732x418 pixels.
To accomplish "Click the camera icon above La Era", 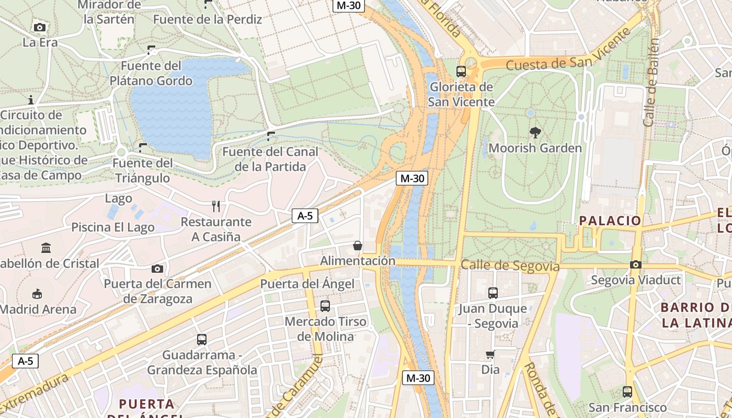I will point(39,27).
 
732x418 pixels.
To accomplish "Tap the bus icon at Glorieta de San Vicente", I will point(461,71).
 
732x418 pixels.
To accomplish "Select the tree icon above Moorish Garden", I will point(535,132).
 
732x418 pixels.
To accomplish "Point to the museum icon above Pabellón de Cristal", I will point(46,248).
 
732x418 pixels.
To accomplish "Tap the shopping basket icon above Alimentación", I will point(358,245).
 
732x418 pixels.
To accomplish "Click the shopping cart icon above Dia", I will point(490,355).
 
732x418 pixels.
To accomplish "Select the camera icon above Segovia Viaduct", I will point(636,264).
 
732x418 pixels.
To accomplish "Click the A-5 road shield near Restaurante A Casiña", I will point(305,215).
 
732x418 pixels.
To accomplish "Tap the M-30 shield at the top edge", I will point(348,5).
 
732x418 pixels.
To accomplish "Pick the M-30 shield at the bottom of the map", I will point(418,378).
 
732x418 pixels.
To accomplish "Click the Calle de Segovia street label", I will point(510,266).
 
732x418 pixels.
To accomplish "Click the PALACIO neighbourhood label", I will point(610,220).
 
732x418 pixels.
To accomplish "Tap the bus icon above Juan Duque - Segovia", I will point(493,293).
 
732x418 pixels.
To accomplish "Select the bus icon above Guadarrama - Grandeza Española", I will point(202,340).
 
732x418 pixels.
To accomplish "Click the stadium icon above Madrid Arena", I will point(37,294).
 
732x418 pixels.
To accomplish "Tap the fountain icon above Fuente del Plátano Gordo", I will point(151,50).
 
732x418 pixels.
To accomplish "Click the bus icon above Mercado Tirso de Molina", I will point(325,306).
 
